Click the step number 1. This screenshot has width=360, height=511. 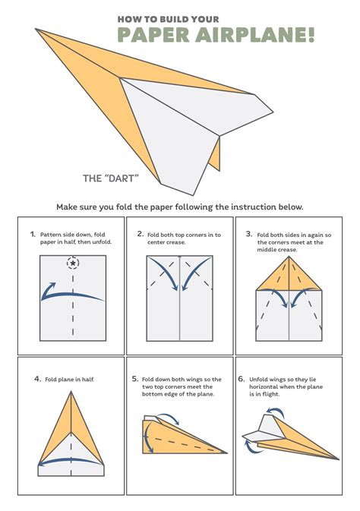point(33,235)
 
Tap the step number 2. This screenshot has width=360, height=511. point(141,235)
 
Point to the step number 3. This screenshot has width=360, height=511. point(248,235)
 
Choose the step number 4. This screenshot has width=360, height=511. point(36,378)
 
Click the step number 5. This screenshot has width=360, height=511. point(135,378)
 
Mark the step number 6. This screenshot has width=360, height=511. point(242,378)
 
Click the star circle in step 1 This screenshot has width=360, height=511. point(73,263)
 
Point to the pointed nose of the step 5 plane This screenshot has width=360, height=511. point(226,453)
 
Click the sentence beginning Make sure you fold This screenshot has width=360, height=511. point(180,206)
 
